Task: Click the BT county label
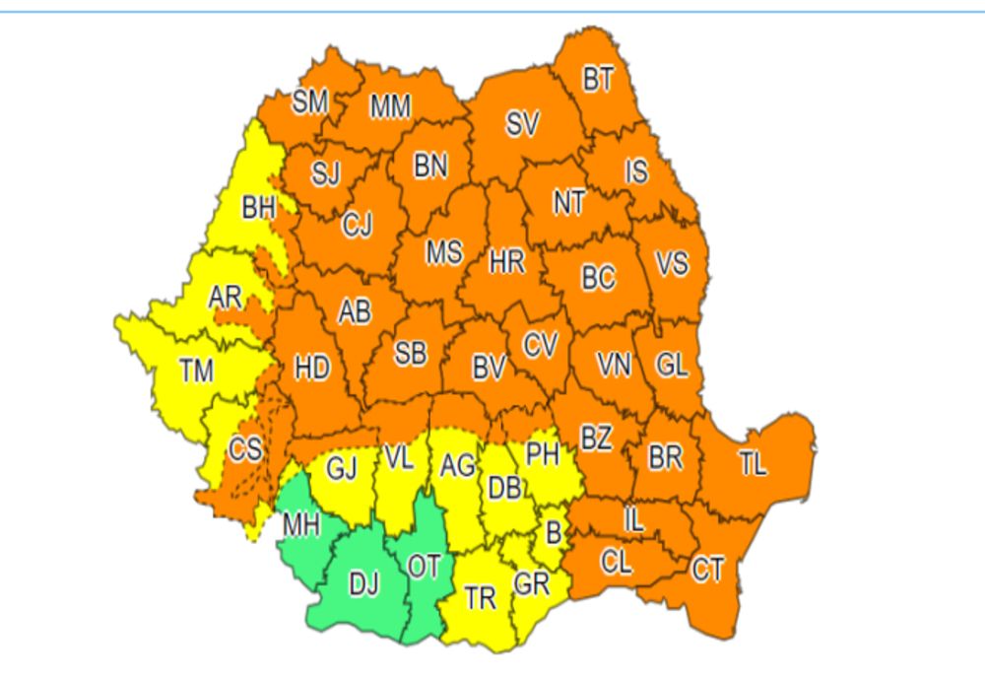(597, 80)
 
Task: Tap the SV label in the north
(522, 124)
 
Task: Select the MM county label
(390, 107)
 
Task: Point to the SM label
(310, 102)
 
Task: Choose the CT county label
(707, 569)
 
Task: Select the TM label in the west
(196, 371)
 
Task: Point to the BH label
(259, 209)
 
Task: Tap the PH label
(543, 454)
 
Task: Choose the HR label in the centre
(507, 262)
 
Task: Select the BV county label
(489, 369)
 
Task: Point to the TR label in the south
(479, 598)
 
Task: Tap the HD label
(312, 368)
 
